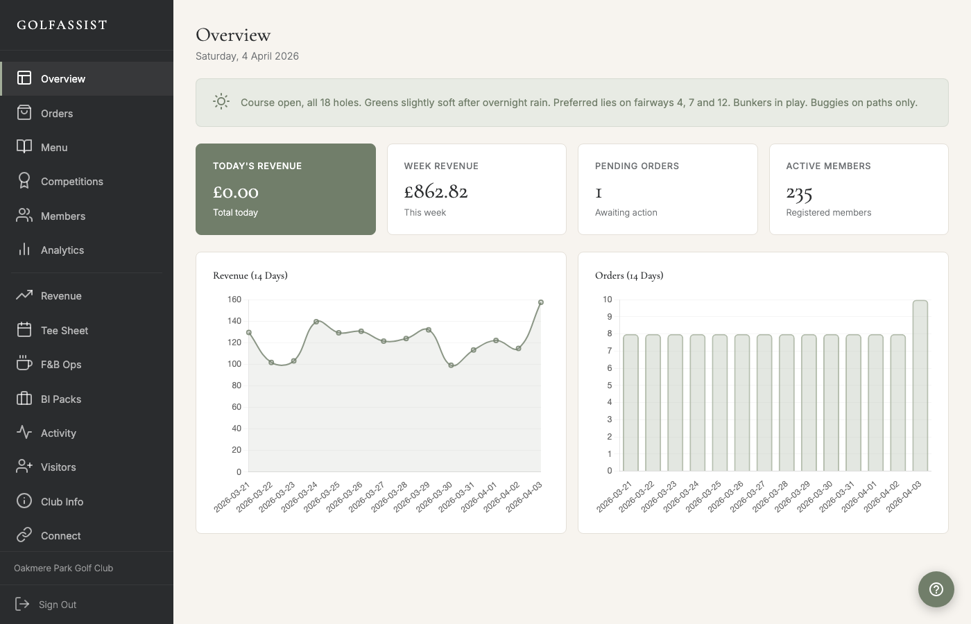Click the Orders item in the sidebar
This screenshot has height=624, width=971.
[x=56, y=113]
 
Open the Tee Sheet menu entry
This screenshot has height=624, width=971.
[x=64, y=330]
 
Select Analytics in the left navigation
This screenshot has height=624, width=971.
[x=62, y=250]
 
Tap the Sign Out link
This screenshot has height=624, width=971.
[x=57, y=604]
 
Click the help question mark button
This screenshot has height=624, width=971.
[x=936, y=589]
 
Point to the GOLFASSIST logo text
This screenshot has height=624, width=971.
[x=62, y=25]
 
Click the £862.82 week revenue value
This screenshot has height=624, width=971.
[x=436, y=191]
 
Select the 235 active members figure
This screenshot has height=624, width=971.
[x=799, y=193]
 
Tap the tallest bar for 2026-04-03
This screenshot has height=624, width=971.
[x=920, y=385]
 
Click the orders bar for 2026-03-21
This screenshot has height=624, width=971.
[x=630, y=403]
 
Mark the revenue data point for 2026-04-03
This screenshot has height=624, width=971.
[x=541, y=302]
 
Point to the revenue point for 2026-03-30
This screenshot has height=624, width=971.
[x=451, y=365]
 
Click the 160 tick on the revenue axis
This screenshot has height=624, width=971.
[x=234, y=300]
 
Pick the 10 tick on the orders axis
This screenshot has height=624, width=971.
[x=608, y=300]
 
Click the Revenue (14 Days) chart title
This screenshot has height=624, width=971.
[x=250, y=275]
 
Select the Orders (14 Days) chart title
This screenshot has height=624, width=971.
[x=629, y=275]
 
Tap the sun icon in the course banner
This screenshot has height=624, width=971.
[x=221, y=102]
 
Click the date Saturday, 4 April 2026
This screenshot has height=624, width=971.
[x=247, y=56]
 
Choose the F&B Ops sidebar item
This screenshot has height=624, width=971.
[x=61, y=364]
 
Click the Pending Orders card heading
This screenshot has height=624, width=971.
[x=637, y=166]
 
